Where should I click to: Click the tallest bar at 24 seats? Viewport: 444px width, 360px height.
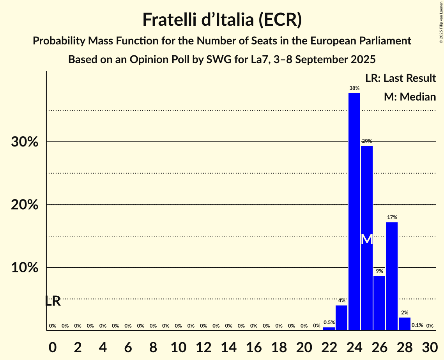point(354,211)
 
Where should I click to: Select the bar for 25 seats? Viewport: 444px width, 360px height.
point(366,238)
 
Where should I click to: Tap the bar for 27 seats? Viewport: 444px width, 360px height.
point(392,276)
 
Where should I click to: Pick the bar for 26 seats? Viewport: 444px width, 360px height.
point(379,303)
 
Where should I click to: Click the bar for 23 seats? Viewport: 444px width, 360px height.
point(341,318)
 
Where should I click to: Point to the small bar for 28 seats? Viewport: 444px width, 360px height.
point(404,324)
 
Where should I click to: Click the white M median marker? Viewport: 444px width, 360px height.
point(366,239)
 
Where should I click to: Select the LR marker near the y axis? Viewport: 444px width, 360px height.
point(53,301)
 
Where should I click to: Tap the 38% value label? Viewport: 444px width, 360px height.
point(354,88)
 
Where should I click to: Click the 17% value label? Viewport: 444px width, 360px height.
point(392,217)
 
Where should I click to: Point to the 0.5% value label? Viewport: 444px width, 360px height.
point(329,323)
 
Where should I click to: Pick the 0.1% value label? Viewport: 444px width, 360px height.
point(417,325)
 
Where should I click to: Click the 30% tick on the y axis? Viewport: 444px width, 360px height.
point(25,142)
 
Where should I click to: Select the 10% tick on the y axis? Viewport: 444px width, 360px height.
point(25,268)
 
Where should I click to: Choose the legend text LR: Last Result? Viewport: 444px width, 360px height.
point(400,78)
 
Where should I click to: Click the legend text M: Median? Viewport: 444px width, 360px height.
point(409,97)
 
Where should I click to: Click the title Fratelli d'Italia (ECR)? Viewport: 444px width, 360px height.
point(222,20)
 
